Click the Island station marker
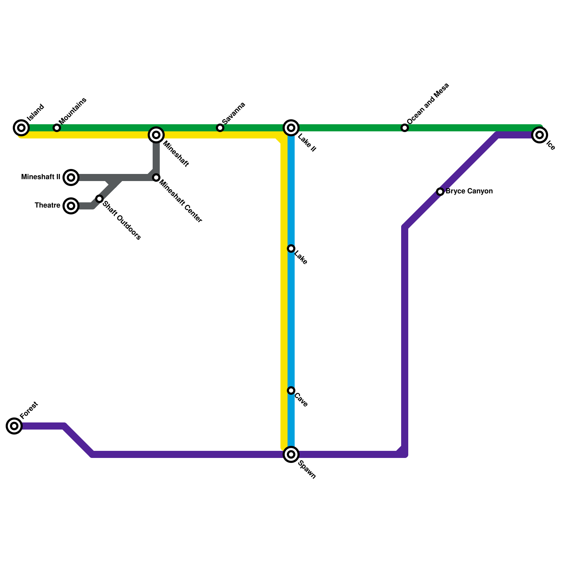point(21,128)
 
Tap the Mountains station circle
point(57,128)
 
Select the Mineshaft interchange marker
point(156,135)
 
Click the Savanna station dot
point(220,128)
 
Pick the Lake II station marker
point(291,128)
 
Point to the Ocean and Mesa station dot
point(405,128)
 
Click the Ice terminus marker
point(540,135)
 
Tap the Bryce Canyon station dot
point(440,192)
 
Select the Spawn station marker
point(291,454)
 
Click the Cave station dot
point(291,390)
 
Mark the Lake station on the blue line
point(291,248)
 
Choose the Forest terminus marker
point(14,426)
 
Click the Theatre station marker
point(71,206)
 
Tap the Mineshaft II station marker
point(71,177)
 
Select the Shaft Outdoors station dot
point(99,199)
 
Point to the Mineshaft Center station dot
point(156,177)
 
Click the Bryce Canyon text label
point(469,191)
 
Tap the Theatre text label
point(47,206)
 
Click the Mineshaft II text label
point(40,177)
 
